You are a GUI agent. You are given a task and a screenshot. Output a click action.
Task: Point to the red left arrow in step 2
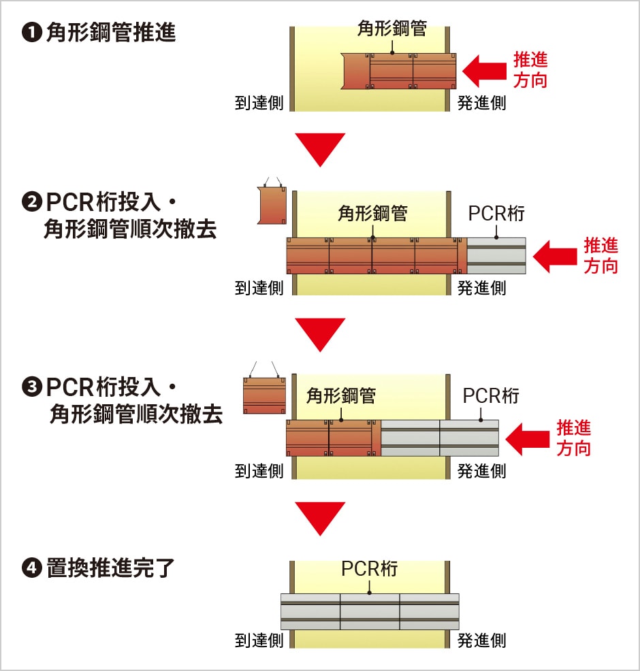pos(555,256)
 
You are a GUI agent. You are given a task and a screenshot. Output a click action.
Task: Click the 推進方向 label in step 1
pos(530,69)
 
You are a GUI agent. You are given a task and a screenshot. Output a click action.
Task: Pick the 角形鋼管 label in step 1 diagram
pos(392,28)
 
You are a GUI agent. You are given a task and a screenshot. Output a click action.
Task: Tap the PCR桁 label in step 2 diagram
pos(496,213)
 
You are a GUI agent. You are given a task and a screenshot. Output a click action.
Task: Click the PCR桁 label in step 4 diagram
pos(369,569)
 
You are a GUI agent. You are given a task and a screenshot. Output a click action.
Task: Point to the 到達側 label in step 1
pos(259,103)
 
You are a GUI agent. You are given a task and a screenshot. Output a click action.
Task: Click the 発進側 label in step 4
pos(481,640)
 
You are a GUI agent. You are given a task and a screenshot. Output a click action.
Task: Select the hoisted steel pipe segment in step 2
pos(272,205)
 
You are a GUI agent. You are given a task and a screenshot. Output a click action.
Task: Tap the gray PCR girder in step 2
pos(496,255)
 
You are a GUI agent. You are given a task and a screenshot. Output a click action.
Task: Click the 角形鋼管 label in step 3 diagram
pos(340,395)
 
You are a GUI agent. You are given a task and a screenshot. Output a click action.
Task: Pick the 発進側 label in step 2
pos(481,288)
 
